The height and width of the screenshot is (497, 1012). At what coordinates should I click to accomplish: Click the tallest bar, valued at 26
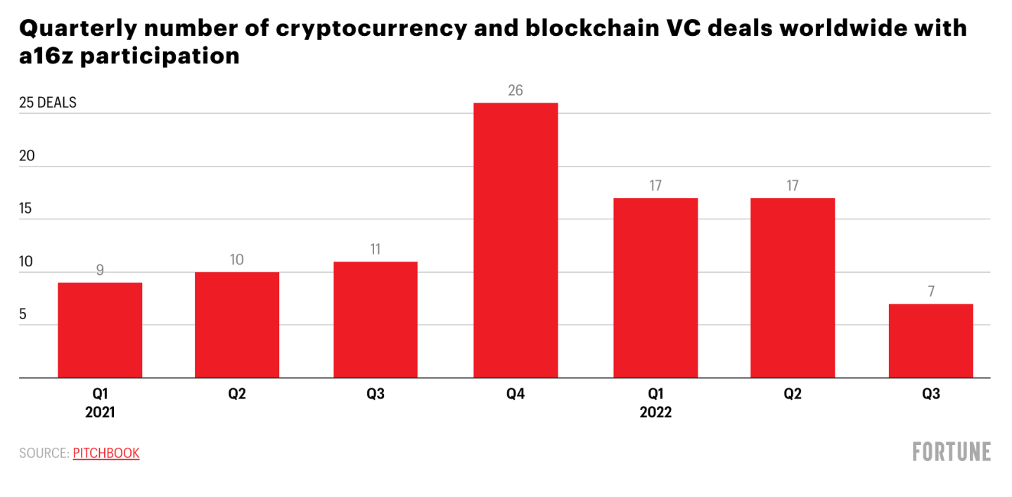coord(515,240)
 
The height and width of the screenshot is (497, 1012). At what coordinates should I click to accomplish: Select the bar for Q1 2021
coord(100,330)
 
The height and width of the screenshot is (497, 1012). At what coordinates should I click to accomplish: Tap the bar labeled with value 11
coord(376,319)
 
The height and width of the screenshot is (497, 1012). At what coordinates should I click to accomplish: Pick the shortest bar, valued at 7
coord(931,340)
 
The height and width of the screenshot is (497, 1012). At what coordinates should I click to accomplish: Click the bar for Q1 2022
coord(655,288)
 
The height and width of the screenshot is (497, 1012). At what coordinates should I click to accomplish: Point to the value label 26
coord(515,91)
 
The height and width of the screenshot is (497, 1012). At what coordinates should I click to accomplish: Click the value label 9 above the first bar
coord(100,270)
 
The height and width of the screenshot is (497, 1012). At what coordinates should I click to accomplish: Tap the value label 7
coord(931,292)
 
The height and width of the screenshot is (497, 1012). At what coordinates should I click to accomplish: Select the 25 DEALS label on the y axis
coord(48,103)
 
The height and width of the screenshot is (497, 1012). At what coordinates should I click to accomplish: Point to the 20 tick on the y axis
coord(27,156)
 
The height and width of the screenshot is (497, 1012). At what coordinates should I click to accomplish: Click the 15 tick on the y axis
coord(27,209)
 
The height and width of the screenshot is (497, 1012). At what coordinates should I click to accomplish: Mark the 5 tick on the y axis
coord(23,314)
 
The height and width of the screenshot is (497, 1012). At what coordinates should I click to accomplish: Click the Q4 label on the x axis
coord(515,394)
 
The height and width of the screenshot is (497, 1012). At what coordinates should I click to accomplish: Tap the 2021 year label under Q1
coord(100,413)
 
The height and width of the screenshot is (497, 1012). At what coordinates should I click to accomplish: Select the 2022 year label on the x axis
coord(655,413)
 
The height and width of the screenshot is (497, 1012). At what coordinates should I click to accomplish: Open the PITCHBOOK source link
coord(106,453)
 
